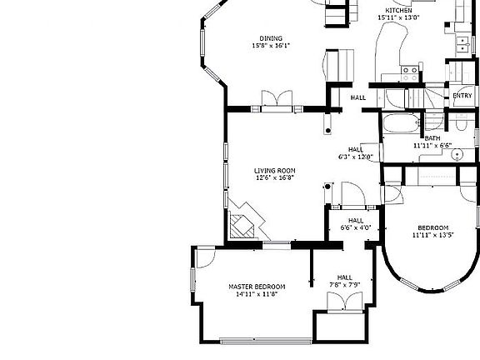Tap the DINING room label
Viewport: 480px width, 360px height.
coord(271,38)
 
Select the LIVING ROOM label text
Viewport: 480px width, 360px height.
coord(275,170)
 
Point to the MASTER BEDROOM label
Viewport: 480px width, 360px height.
coord(257,286)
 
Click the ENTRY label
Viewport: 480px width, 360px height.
coord(462,96)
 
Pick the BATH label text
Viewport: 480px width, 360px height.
coord(432,138)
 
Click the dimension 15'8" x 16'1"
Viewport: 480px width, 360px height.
coord(271,46)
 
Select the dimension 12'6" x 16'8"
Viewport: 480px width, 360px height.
coord(275,177)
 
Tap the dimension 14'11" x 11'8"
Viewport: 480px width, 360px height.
coord(257,293)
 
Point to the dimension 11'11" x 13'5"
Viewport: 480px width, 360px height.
coord(432,235)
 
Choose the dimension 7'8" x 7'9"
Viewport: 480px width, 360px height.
coord(345,285)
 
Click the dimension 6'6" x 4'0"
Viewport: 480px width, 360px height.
coord(356,227)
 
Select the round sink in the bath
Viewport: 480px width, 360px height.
coord(457,155)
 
